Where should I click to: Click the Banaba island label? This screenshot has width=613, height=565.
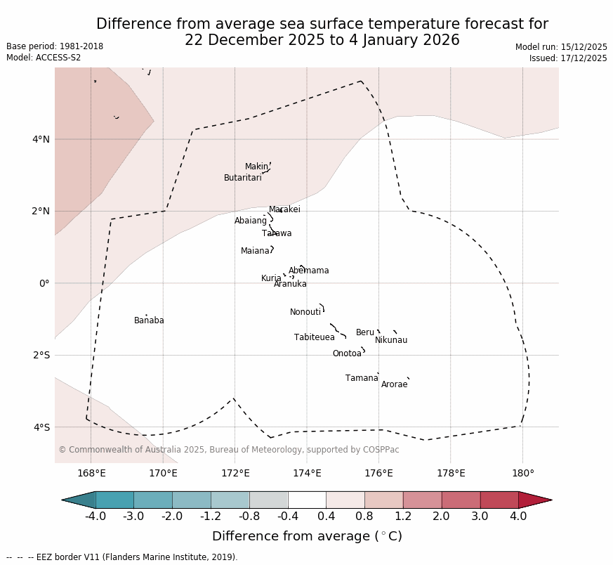[149, 321]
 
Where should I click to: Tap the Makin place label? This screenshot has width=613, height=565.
[256, 167]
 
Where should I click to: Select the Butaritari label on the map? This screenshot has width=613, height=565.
[243, 178]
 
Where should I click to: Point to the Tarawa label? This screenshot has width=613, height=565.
[277, 234]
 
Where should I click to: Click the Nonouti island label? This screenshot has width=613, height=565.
[305, 313]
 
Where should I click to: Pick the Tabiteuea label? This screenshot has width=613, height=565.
[315, 338]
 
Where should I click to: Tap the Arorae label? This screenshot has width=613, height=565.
[394, 385]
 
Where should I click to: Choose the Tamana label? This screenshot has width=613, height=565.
[362, 379]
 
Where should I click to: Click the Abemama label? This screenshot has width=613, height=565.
[309, 271]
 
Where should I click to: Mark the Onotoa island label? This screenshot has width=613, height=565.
[347, 354]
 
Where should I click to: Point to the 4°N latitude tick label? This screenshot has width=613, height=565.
[41, 139]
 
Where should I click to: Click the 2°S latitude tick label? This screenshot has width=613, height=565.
[41, 356]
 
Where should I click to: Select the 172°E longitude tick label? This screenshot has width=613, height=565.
[235, 473]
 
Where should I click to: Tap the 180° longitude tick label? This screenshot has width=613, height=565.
[522, 473]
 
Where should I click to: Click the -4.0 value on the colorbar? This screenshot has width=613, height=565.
[95, 517]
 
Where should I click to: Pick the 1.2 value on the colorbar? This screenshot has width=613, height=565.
[403, 517]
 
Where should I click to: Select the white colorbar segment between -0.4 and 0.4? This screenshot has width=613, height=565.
[307, 500]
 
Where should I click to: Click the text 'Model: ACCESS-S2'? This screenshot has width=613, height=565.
[44, 58]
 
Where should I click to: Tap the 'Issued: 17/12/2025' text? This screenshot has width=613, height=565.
[568, 58]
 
